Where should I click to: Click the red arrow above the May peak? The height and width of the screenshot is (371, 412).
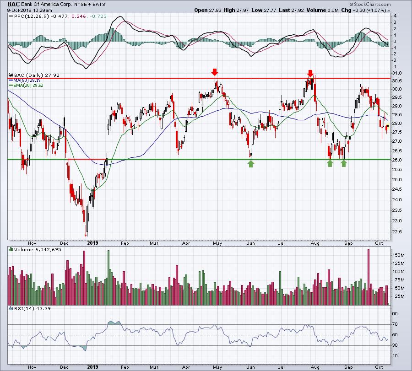click(215, 72)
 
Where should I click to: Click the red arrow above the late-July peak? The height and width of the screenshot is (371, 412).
click(310, 73)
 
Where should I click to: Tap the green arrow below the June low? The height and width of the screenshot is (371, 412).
click(251, 164)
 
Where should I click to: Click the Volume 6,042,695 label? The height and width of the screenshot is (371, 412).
click(38, 249)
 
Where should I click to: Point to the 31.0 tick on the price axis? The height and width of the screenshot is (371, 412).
click(396, 73)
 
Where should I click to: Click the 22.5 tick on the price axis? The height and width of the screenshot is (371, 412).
click(396, 231)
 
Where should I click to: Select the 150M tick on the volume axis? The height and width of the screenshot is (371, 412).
click(398, 255)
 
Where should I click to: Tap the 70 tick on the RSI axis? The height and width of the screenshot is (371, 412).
click(395, 324)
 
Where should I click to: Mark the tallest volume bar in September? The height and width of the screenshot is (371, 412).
click(368, 277)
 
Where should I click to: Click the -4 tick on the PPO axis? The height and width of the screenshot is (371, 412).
click(395, 67)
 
